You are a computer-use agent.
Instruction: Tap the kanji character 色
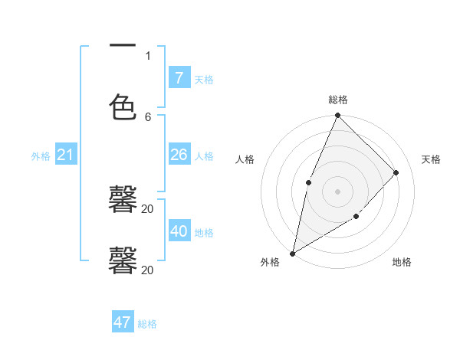pos(123,106)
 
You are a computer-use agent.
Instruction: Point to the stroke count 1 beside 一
pos(148,55)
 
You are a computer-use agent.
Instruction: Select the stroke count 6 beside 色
pos(148,116)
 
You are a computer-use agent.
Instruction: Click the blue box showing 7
pos(179,77)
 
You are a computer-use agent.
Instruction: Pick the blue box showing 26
pos(179,155)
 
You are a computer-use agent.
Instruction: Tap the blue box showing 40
pos(179,231)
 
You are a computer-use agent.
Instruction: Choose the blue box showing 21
pos(66,155)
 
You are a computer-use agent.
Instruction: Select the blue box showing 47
pos(123,322)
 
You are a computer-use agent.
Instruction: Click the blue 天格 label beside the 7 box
pos(204,80)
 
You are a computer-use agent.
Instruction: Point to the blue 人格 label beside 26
pos(204,156)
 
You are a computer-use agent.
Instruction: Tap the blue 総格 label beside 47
pos(147,324)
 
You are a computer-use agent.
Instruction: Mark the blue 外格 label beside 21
pos(41,156)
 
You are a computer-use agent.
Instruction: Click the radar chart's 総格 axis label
pos(337,100)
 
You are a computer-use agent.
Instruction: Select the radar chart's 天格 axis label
pos(432,159)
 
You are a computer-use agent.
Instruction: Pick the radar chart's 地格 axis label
pos(402,262)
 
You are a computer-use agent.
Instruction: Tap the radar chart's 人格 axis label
pos(245,159)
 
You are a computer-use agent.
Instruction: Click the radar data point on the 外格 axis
pos(292,253)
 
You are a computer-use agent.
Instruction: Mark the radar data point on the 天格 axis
pos(396,172)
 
